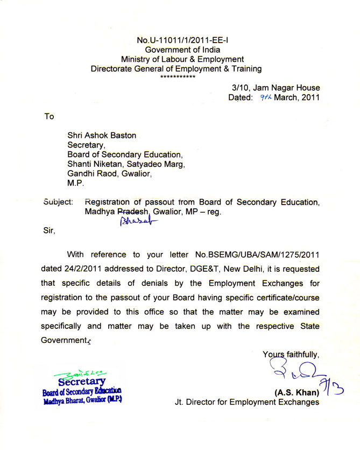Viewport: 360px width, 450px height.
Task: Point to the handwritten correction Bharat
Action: pyautogui.click(x=133, y=222)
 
